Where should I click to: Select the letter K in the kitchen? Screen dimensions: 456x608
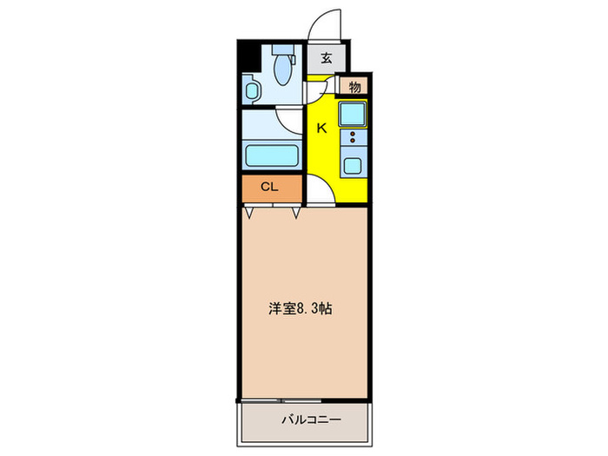pos(321,129)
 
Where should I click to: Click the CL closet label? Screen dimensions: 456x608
pos(270,187)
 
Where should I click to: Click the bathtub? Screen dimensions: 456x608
pos(273,157)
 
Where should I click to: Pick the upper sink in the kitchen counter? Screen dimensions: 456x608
pos(353,114)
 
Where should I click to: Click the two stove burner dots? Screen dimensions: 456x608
pos(353,137)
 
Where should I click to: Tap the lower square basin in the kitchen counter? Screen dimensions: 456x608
pos(353,164)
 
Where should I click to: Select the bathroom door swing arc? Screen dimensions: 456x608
pos(288,120)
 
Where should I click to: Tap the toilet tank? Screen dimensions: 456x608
pos(281,50)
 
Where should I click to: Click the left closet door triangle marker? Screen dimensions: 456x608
pos(250,212)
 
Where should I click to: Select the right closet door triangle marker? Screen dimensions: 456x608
pos(296,212)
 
